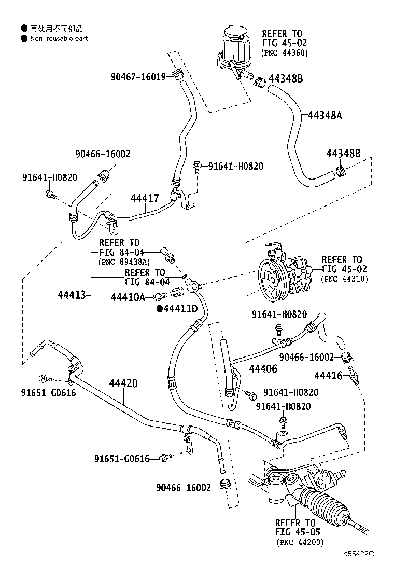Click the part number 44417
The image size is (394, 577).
(145, 198)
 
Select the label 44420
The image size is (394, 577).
(123, 383)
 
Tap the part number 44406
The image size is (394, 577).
(263, 368)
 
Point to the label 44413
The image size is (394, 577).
(72, 294)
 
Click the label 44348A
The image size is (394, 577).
(325, 116)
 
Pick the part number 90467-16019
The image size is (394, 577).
(138, 77)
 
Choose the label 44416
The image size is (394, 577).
(328, 375)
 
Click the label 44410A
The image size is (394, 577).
(128, 297)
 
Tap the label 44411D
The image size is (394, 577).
(180, 308)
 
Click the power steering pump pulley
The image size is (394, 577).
(272, 279)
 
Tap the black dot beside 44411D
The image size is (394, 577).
(160, 309)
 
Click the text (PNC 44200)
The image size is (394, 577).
(300, 542)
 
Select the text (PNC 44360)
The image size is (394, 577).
(285, 52)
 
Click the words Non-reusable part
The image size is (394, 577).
(59, 38)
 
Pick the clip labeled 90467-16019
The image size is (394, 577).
(178, 74)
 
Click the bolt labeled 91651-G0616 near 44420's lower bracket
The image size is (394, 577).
(165, 458)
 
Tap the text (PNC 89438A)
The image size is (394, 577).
(124, 262)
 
